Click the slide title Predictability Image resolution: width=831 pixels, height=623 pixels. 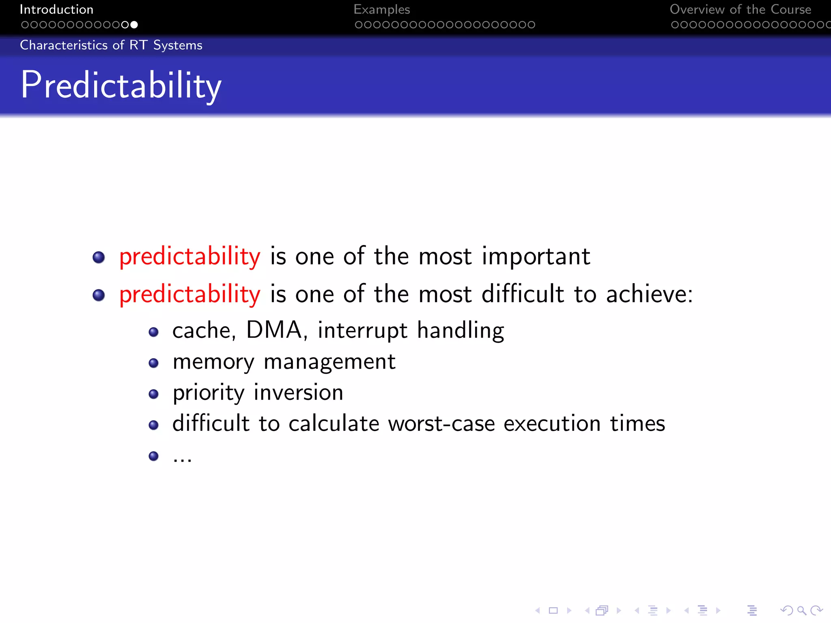coord(121,85)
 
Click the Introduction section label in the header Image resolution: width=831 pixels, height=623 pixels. coord(56,9)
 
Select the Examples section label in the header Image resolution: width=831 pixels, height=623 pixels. coord(381,9)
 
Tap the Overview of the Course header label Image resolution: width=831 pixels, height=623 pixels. coord(740,9)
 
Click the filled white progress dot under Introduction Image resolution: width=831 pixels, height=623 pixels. coord(134,25)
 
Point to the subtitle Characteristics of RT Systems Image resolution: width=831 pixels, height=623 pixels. coord(111,45)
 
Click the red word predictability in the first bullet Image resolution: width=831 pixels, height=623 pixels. coord(189,256)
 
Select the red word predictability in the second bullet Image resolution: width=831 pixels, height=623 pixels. coord(189,294)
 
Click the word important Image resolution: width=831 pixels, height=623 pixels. coord(536,257)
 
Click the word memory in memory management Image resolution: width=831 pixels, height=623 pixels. coord(213,362)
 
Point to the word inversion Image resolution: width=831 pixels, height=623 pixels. coord(298,393)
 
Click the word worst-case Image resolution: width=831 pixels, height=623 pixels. coord(441,424)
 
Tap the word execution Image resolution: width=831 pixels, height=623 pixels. coord(552,424)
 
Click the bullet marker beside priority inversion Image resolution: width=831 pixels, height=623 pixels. coord(153,394)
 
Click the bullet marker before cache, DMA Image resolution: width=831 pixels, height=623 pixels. coord(153,332)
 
